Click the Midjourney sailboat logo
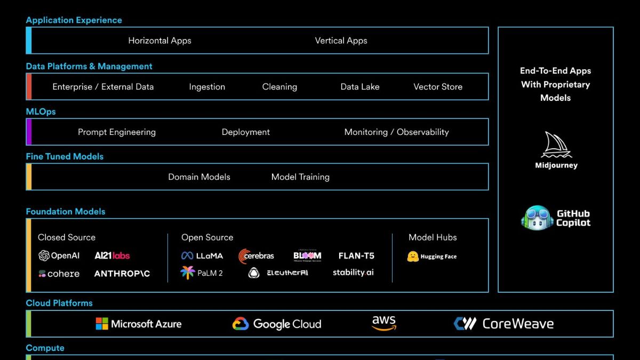556,145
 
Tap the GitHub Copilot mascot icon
537,218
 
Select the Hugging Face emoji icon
413,257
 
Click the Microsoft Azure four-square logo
102,324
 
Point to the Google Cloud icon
241,324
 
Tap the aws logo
384,323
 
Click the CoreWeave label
517,324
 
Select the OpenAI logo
44,256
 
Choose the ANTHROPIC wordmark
122,274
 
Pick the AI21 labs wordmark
112,256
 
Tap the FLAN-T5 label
356,256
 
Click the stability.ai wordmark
353,273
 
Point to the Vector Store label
438,87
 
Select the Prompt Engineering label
117,132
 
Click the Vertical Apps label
341,41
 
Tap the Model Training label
300,177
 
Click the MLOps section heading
41,111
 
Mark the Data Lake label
360,87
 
